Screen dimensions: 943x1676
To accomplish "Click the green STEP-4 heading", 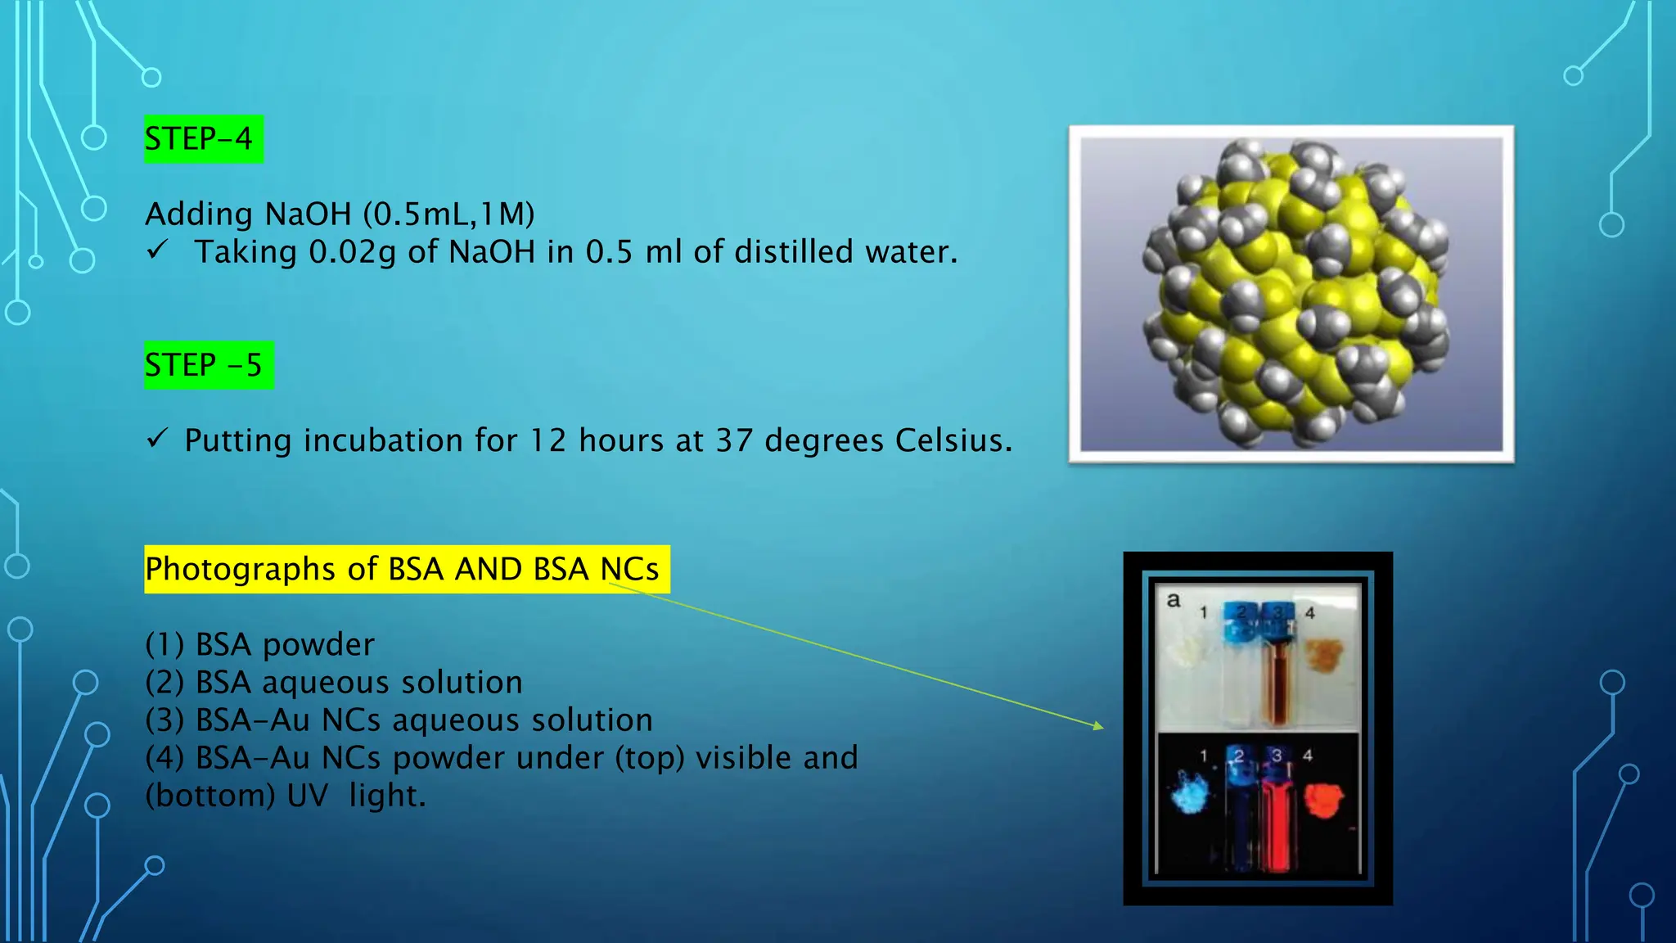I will point(203,139).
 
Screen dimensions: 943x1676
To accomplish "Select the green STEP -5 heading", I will point(208,365).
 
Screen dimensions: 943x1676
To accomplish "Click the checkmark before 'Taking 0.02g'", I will point(157,249).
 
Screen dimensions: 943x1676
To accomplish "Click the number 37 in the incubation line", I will point(734,441).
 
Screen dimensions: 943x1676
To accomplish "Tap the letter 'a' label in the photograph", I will point(1174,600).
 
